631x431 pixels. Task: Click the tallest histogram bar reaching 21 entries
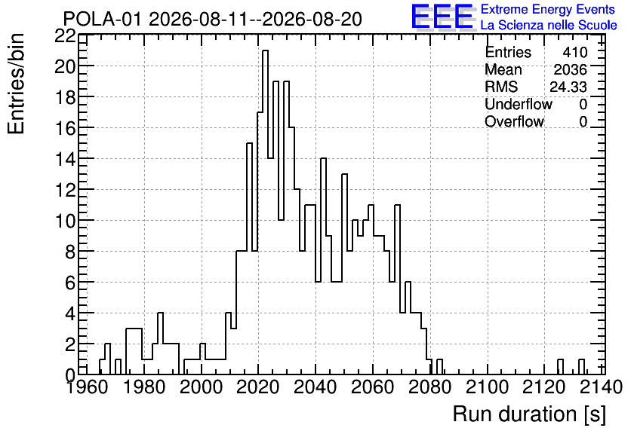[x=265, y=212]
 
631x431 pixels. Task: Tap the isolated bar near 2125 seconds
[x=560, y=367]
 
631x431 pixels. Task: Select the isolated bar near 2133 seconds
[x=581, y=367]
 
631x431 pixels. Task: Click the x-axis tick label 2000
[x=201, y=387]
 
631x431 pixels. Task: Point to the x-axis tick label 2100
[x=488, y=387]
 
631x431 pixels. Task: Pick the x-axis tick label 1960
[x=86, y=387]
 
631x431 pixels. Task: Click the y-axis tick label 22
[x=65, y=36]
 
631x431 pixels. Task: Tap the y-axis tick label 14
[x=65, y=159]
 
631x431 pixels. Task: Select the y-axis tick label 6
[x=70, y=283]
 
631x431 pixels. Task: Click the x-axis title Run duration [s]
[x=529, y=414]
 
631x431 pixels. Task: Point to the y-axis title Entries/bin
[x=16, y=84]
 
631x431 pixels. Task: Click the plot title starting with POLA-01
[x=213, y=19]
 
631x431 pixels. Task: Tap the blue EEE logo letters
[x=442, y=17]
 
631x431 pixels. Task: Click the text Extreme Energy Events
[x=548, y=9]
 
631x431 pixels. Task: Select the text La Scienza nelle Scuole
[x=549, y=25]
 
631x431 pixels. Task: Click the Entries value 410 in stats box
[x=575, y=52]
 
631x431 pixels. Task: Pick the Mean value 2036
[x=570, y=69]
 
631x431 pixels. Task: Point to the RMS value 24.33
[x=568, y=87]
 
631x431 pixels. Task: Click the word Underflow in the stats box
[x=519, y=104]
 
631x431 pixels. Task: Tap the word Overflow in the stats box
[x=514, y=121]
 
